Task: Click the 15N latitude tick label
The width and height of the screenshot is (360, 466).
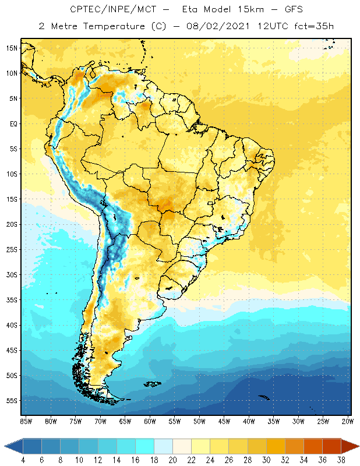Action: pyautogui.click(x=12, y=48)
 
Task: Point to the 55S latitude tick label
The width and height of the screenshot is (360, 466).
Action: pyautogui.click(x=12, y=401)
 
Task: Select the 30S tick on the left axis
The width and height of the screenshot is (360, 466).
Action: pyautogui.click(x=12, y=274)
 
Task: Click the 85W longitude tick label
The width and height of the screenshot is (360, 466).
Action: pyautogui.click(x=26, y=421)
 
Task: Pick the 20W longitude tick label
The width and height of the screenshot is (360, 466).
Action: pyautogui.click(x=347, y=421)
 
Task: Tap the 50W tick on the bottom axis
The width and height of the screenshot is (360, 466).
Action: pyautogui.click(x=199, y=421)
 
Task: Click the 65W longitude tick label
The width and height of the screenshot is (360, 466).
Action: pyautogui.click(x=125, y=421)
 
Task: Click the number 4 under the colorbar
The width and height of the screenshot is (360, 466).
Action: pyautogui.click(x=23, y=460)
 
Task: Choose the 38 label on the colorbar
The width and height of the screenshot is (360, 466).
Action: pyautogui.click(x=339, y=460)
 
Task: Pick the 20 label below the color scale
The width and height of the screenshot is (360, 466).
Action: pyautogui.click(x=172, y=460)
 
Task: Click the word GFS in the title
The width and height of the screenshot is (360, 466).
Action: pyautogui.click(x=293, y=10)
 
